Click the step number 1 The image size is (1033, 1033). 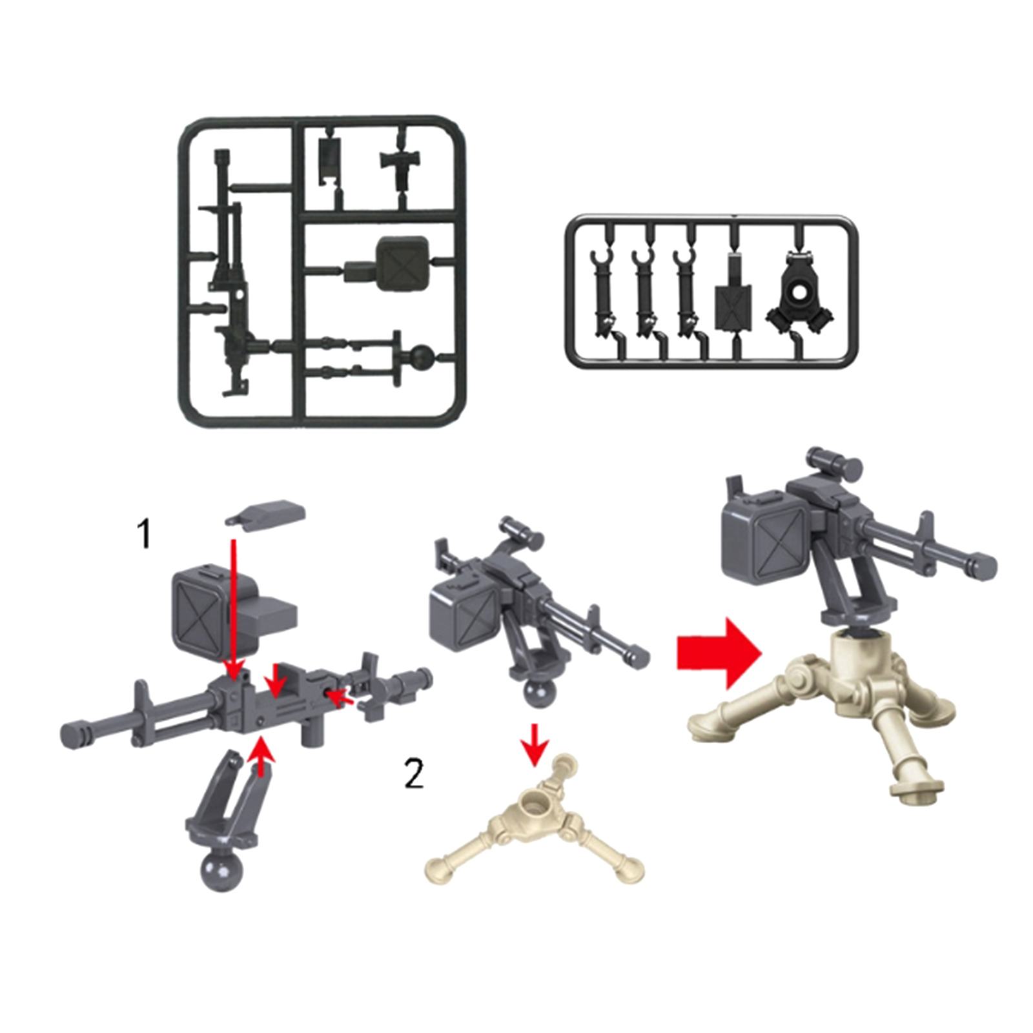144,535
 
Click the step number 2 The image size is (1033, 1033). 414,774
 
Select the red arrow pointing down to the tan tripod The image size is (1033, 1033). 534,742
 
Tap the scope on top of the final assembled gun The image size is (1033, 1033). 835,461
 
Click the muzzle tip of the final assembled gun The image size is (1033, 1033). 985,567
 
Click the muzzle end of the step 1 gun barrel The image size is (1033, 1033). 73,734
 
